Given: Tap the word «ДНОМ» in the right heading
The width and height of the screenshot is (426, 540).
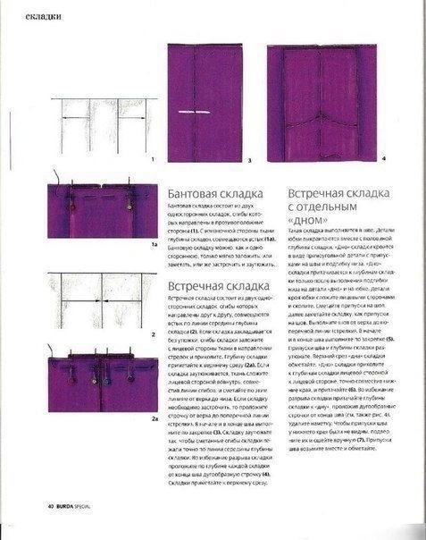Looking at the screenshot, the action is click(x=307, y=219).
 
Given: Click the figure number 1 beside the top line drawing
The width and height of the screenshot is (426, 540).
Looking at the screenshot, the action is click(x=153, y=158).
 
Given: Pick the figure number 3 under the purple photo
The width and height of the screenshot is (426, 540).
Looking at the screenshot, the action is click(x=250, y=161).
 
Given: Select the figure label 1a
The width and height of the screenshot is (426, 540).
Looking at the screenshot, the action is click(x=154, y=242).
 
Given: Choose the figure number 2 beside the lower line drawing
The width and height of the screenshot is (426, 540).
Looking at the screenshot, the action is click(x=155, y=333).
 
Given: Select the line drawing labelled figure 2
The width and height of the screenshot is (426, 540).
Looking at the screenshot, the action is click(x=101, y=302).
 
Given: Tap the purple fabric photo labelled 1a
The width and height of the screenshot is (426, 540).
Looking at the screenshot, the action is click(x=101, y=211).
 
